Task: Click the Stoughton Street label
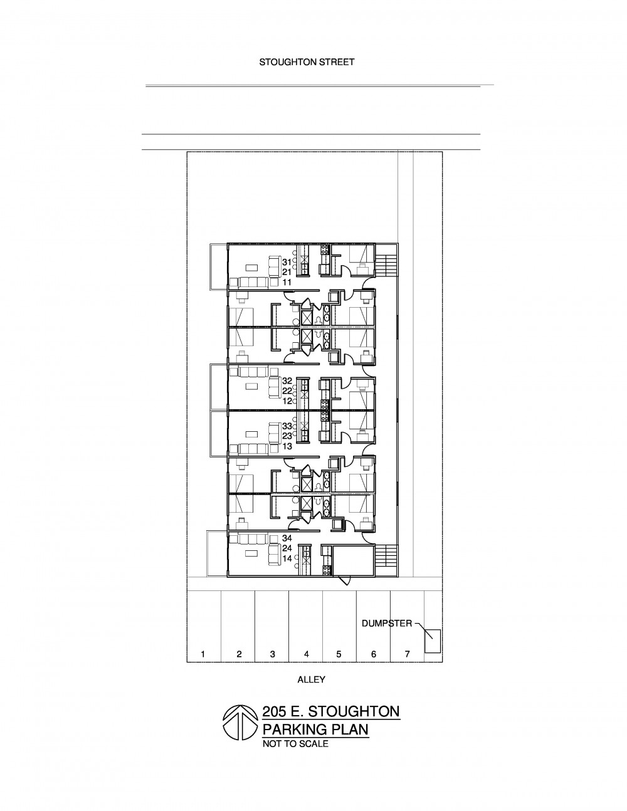[307, 62]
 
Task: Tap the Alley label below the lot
[311, 679]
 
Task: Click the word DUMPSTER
[387, 623]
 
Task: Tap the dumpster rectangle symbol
[433, 641]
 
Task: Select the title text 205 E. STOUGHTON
[331, 712]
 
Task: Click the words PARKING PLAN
[315, 730]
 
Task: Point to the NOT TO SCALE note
[295, 744]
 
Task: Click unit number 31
[287, 262]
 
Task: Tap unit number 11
[287, 282]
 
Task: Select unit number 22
[287, 390]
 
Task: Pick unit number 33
[287, 426]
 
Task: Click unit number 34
[287, 538]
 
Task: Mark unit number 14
[287, 558]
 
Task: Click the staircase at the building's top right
[387, 260]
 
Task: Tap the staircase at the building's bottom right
[387, 561]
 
